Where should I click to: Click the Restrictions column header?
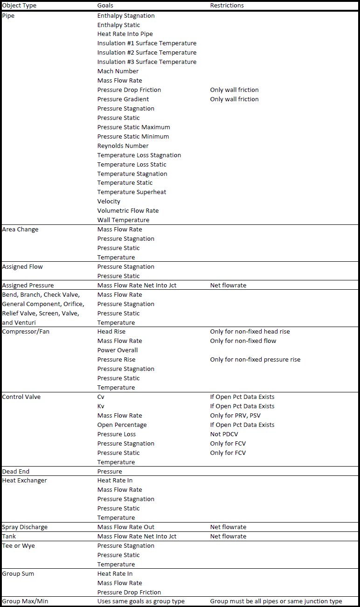[x=227, y=6]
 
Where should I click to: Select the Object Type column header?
[x=19, y=6]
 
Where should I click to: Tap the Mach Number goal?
[x=118, y=71]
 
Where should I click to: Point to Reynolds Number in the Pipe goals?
[x=123, y=146]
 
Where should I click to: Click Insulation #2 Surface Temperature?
[x=147, y=52]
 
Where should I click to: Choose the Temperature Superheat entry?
[x=132, y=192]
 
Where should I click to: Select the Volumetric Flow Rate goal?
[x=128, y=210]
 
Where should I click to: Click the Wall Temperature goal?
[x=124, y=220]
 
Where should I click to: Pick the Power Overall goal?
[x=118, y=350]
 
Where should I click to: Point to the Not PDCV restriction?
[x=224, y=434]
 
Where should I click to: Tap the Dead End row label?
[x=16, y=471]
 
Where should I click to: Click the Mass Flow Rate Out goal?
[x=126, y=527]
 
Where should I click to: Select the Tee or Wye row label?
[x=19, y=545]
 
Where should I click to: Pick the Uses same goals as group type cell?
[x=141, y=601]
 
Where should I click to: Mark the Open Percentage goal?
[x=122, y=425]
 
